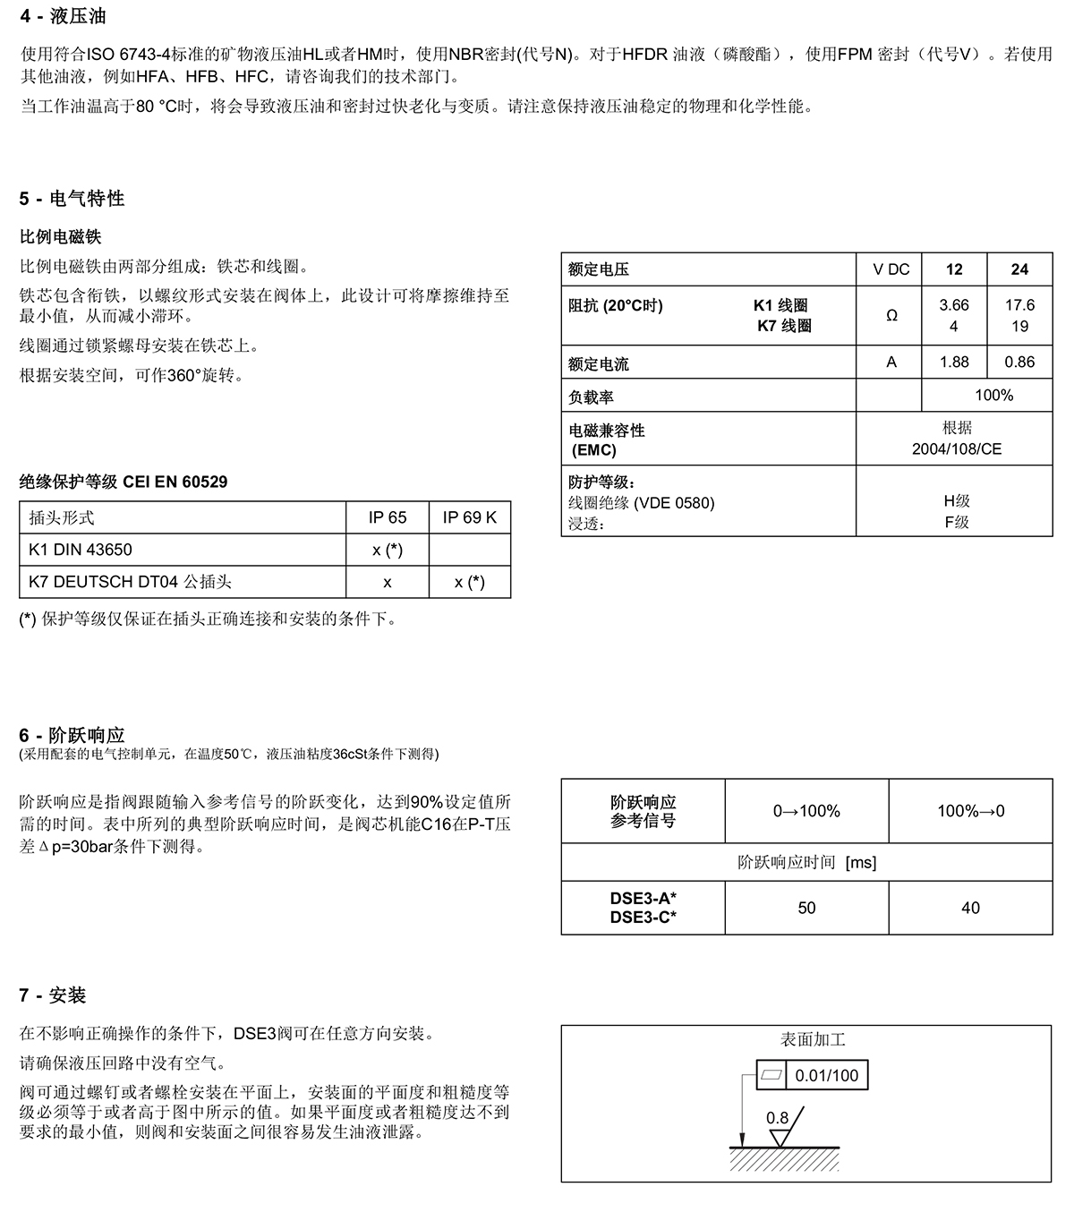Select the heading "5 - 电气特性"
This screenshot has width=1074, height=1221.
(72, 199)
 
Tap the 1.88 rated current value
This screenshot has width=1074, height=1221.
(954, 362)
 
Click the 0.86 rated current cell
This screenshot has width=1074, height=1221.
(1019, 362)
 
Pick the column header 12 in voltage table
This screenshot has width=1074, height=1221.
(954, 269)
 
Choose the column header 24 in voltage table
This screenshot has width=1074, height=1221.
(1019, 269)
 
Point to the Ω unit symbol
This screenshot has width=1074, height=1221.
(891, 316)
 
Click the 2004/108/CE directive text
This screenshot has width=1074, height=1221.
(957, 449)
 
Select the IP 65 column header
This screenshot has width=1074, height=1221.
(388, 517)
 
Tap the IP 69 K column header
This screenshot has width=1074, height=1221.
(470, 517)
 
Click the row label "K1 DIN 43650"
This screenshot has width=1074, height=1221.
(81, 550)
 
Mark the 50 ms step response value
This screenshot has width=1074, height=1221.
(806, 908)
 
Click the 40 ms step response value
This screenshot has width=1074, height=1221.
(970, 908)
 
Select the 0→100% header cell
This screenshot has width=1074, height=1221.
(806, 811)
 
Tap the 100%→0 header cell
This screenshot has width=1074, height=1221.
(970, 811)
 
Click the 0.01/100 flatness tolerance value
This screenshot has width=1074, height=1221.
(826, 1075)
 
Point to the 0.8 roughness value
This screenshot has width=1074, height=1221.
(778, 1118)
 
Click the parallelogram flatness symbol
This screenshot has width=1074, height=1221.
(771, 1075)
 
